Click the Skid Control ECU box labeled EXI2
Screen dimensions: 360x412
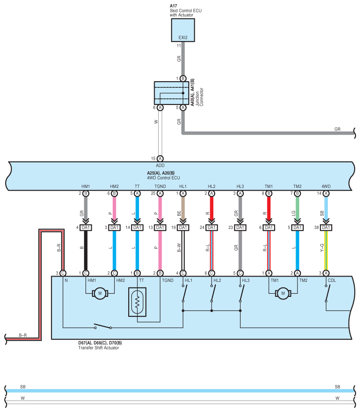[183, 30]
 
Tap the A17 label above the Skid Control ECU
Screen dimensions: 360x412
[173, 6]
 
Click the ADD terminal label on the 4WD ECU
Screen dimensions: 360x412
[160, 165]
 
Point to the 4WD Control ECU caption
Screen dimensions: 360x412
[163, 178]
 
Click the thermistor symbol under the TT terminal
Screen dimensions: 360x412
[137, 302]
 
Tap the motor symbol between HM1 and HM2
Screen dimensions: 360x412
[100, 293]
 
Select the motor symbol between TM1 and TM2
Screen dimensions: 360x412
[283, 293]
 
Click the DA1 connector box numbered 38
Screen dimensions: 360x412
[326, 228]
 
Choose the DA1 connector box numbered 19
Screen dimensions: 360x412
[183, 228]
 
